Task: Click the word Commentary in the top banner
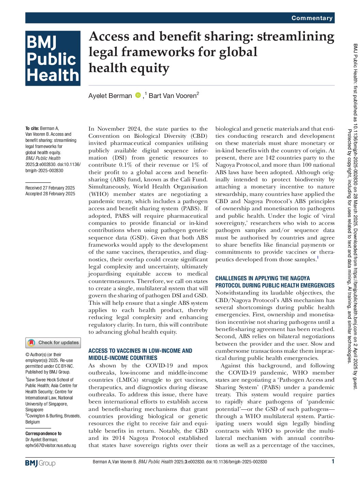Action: pyautogui.click(x=312, y=18)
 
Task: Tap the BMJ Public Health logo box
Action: pyautogui.click(x=53, y=58)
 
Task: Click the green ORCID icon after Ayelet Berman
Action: pyautogui.click(x=138, y=95)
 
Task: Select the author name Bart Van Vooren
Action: pyautogui.click(x=173, y=96)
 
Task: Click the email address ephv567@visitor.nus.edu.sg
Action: pyautogui.click(x=51, y=445)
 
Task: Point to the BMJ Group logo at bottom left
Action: pyautogui.click(x=40, y=463)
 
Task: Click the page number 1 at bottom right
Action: pyautogui.click(x=333, y=461)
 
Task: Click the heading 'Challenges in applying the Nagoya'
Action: pyautogui.click(x=262, y=278)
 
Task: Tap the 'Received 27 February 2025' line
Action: pyautogui.click(x=50, y=188)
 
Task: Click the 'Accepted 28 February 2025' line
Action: pyautogui.click(x=50, y=194)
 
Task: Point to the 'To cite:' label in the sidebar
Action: pyautogui.click(x=32, y=129)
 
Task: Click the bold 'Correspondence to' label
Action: pyautogui.click(x=44, y=433)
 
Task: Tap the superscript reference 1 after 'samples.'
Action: pyautogui.click(x=318, y=258)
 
